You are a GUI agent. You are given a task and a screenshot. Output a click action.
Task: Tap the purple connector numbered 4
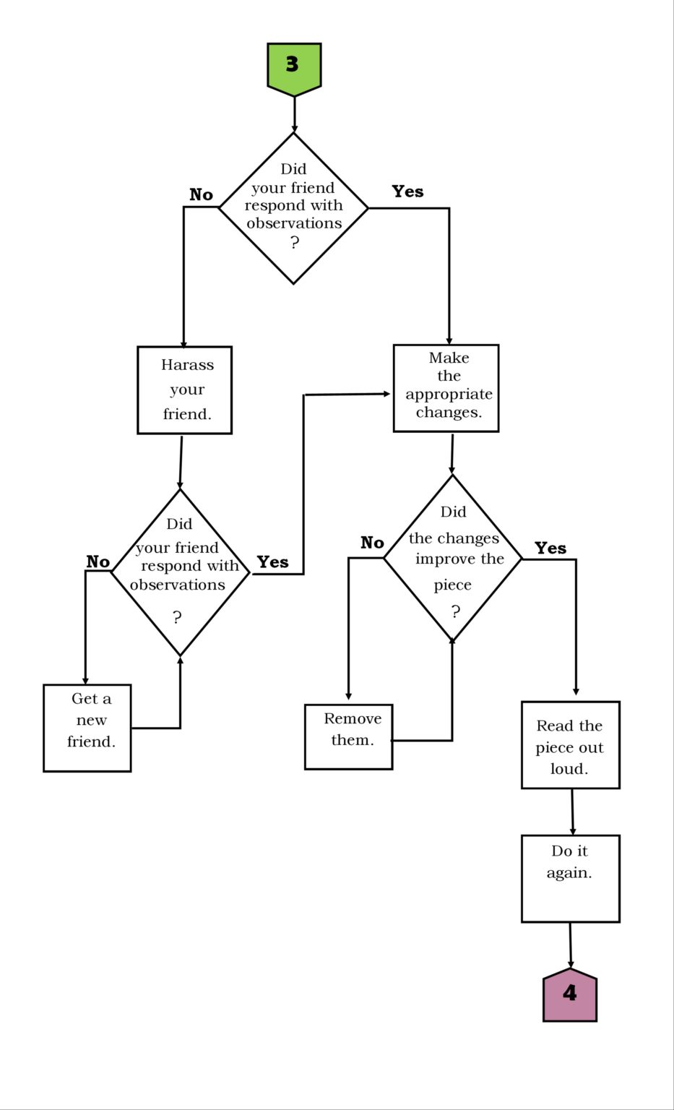tap(569, 994)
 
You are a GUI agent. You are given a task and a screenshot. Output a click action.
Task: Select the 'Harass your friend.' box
tap(184, 390)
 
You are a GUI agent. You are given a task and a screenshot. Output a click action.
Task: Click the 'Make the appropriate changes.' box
tap(446, 388)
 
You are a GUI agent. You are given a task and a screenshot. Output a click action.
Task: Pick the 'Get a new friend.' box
tap(87, 728)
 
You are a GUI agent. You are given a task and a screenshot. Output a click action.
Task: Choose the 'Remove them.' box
tap(349, 737)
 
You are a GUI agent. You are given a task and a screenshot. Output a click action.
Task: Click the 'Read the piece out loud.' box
tap(571, 745)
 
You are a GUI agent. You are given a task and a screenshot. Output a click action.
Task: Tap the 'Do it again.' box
tap(571, 879)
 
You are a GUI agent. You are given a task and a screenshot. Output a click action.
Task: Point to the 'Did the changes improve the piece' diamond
tap(453, 559)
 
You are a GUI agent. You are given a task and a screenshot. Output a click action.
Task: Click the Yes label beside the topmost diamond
tap(407, 192)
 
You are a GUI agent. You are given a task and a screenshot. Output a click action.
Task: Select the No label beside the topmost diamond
tap(201, 194)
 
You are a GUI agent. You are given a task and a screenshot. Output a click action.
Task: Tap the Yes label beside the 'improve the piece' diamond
tap(550, 548)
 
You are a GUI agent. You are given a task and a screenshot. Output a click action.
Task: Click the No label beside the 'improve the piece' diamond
tap(373, 543)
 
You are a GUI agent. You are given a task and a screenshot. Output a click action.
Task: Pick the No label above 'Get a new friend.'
tap(98, 562)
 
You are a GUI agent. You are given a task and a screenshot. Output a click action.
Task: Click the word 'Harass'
tap(187, 365)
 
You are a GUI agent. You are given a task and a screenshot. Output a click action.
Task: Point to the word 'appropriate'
tap(449, 395)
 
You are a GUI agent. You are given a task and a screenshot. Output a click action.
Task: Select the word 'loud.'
tap(569, 769)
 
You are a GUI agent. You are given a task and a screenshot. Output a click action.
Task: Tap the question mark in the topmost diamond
tap(295, 242)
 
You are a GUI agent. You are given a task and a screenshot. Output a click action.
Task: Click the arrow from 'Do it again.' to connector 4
tap(571, 946)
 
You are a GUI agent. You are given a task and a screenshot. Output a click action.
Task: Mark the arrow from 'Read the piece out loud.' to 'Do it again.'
tap(572, 812)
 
